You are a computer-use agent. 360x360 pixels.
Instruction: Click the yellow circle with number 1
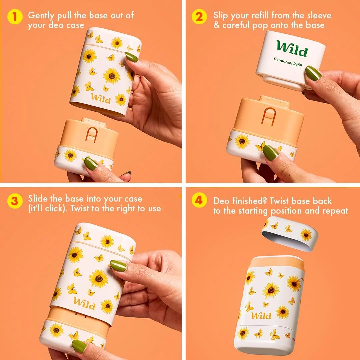(x=15, y=17)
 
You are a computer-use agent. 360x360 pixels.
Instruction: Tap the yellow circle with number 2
(x=199, y=17)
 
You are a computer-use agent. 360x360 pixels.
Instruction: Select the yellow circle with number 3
(x=15, y=201)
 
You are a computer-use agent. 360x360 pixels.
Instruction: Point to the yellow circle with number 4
(x=199, y=200)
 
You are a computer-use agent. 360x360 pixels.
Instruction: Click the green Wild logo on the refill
(x=292, y=49)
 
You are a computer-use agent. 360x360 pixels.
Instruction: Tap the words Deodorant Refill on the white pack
(x=288, y=62)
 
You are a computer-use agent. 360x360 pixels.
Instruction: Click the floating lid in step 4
(x=290, y=234)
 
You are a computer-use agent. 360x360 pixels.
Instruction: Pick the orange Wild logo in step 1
(x=101, y=98)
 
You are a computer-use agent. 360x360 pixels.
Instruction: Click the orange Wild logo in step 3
(x=84, y=304)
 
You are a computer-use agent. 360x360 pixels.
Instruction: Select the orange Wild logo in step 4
(x=261, y=316)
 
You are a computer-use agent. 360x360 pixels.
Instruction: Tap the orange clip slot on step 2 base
(x=269, y=116)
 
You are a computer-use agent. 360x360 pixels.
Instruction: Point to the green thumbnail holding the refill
(x=313, y=73)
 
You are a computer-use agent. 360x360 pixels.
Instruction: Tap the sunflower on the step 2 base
(x=242, y=141)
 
